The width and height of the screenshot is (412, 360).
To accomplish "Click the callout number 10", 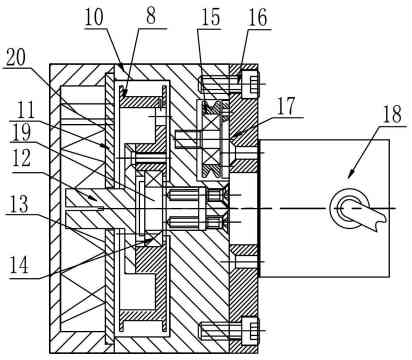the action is click(x=94, y=17).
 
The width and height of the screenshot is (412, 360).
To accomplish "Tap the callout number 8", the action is click(x=151, y=16).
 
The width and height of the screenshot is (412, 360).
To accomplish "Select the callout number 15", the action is click(x=211, y=17).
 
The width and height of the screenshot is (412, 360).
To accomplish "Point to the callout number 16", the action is click(x=257, y=17).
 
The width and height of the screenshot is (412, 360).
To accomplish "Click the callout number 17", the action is click(x=286, y=106).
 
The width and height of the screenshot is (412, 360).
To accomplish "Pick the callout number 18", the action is click(x=392, y=114).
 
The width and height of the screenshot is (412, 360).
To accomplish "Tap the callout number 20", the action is click(x=16, y=58).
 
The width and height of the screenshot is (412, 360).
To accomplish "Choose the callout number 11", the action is click(x=26, y=110).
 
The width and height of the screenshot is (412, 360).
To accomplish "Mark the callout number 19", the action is click(x=21, y=132).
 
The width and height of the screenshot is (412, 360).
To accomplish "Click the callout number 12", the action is click(x=21, y=158).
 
